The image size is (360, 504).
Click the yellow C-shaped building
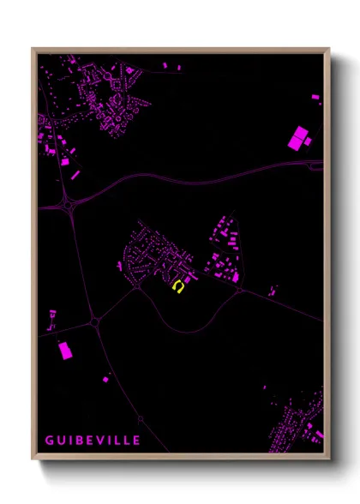point(178,287)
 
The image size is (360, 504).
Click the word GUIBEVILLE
point(93,440)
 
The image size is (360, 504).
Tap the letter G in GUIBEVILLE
point(50,440)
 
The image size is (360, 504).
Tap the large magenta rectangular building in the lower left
point(64,350)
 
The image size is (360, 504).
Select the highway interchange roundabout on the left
point(67,204)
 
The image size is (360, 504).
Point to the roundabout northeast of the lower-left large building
point(94,321)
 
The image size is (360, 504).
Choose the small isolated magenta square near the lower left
point(106,377)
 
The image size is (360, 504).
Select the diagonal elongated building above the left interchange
point(75,174)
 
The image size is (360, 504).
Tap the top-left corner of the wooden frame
point(33,49)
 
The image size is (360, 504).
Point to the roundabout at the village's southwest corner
point(137,289)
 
